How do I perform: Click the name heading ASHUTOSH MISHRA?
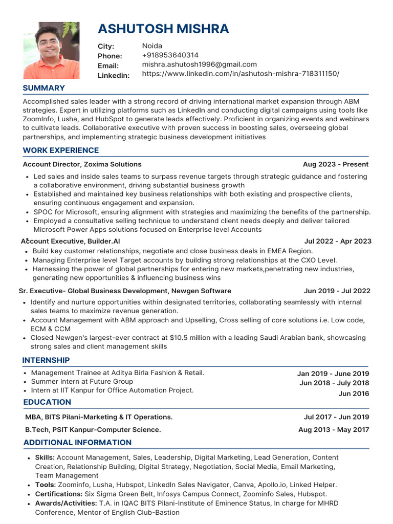click(163, 29)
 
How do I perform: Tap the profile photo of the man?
click(51, 50)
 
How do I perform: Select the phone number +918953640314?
click(170, 55)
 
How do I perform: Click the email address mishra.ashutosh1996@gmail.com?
click(199, 64)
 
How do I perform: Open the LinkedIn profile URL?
click(241, 74)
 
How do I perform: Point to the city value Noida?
click(152, 46)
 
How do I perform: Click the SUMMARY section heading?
click(43, 88)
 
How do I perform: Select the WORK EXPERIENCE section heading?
click(61, 150)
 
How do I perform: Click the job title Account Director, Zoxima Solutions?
click(82, 164)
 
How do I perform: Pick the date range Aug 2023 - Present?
click(335, 164)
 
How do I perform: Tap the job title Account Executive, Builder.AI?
click(71, 241)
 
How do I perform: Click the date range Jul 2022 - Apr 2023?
click(338, 241)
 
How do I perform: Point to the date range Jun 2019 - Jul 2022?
click(337, 291)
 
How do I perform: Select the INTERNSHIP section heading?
click(46, 360)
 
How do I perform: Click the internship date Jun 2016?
click(354, 394)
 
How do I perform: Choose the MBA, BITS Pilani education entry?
click(99, 417)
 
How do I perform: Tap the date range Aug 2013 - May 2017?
click(334, 430)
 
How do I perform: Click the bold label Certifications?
click(59, 494)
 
